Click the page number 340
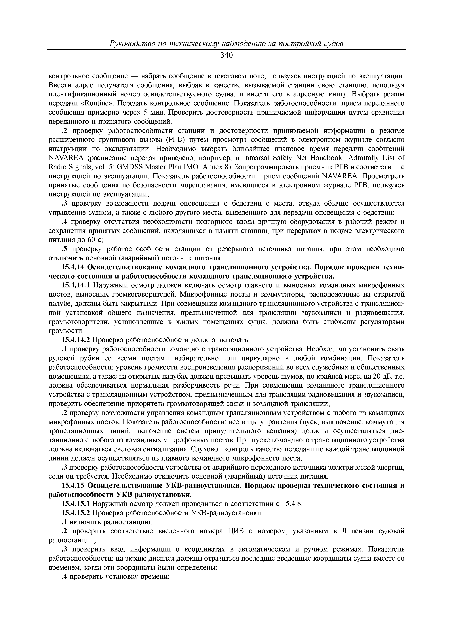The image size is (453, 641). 226,55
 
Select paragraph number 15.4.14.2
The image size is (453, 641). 76,340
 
